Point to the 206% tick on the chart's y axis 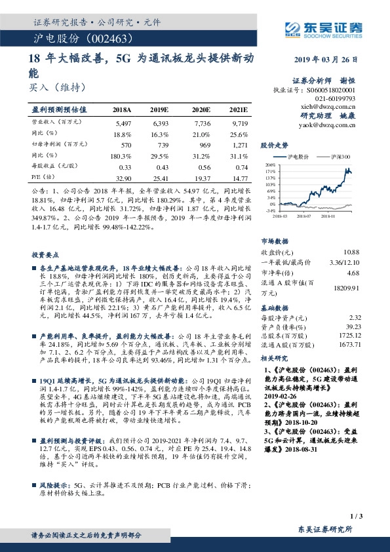tap(269, 166)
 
